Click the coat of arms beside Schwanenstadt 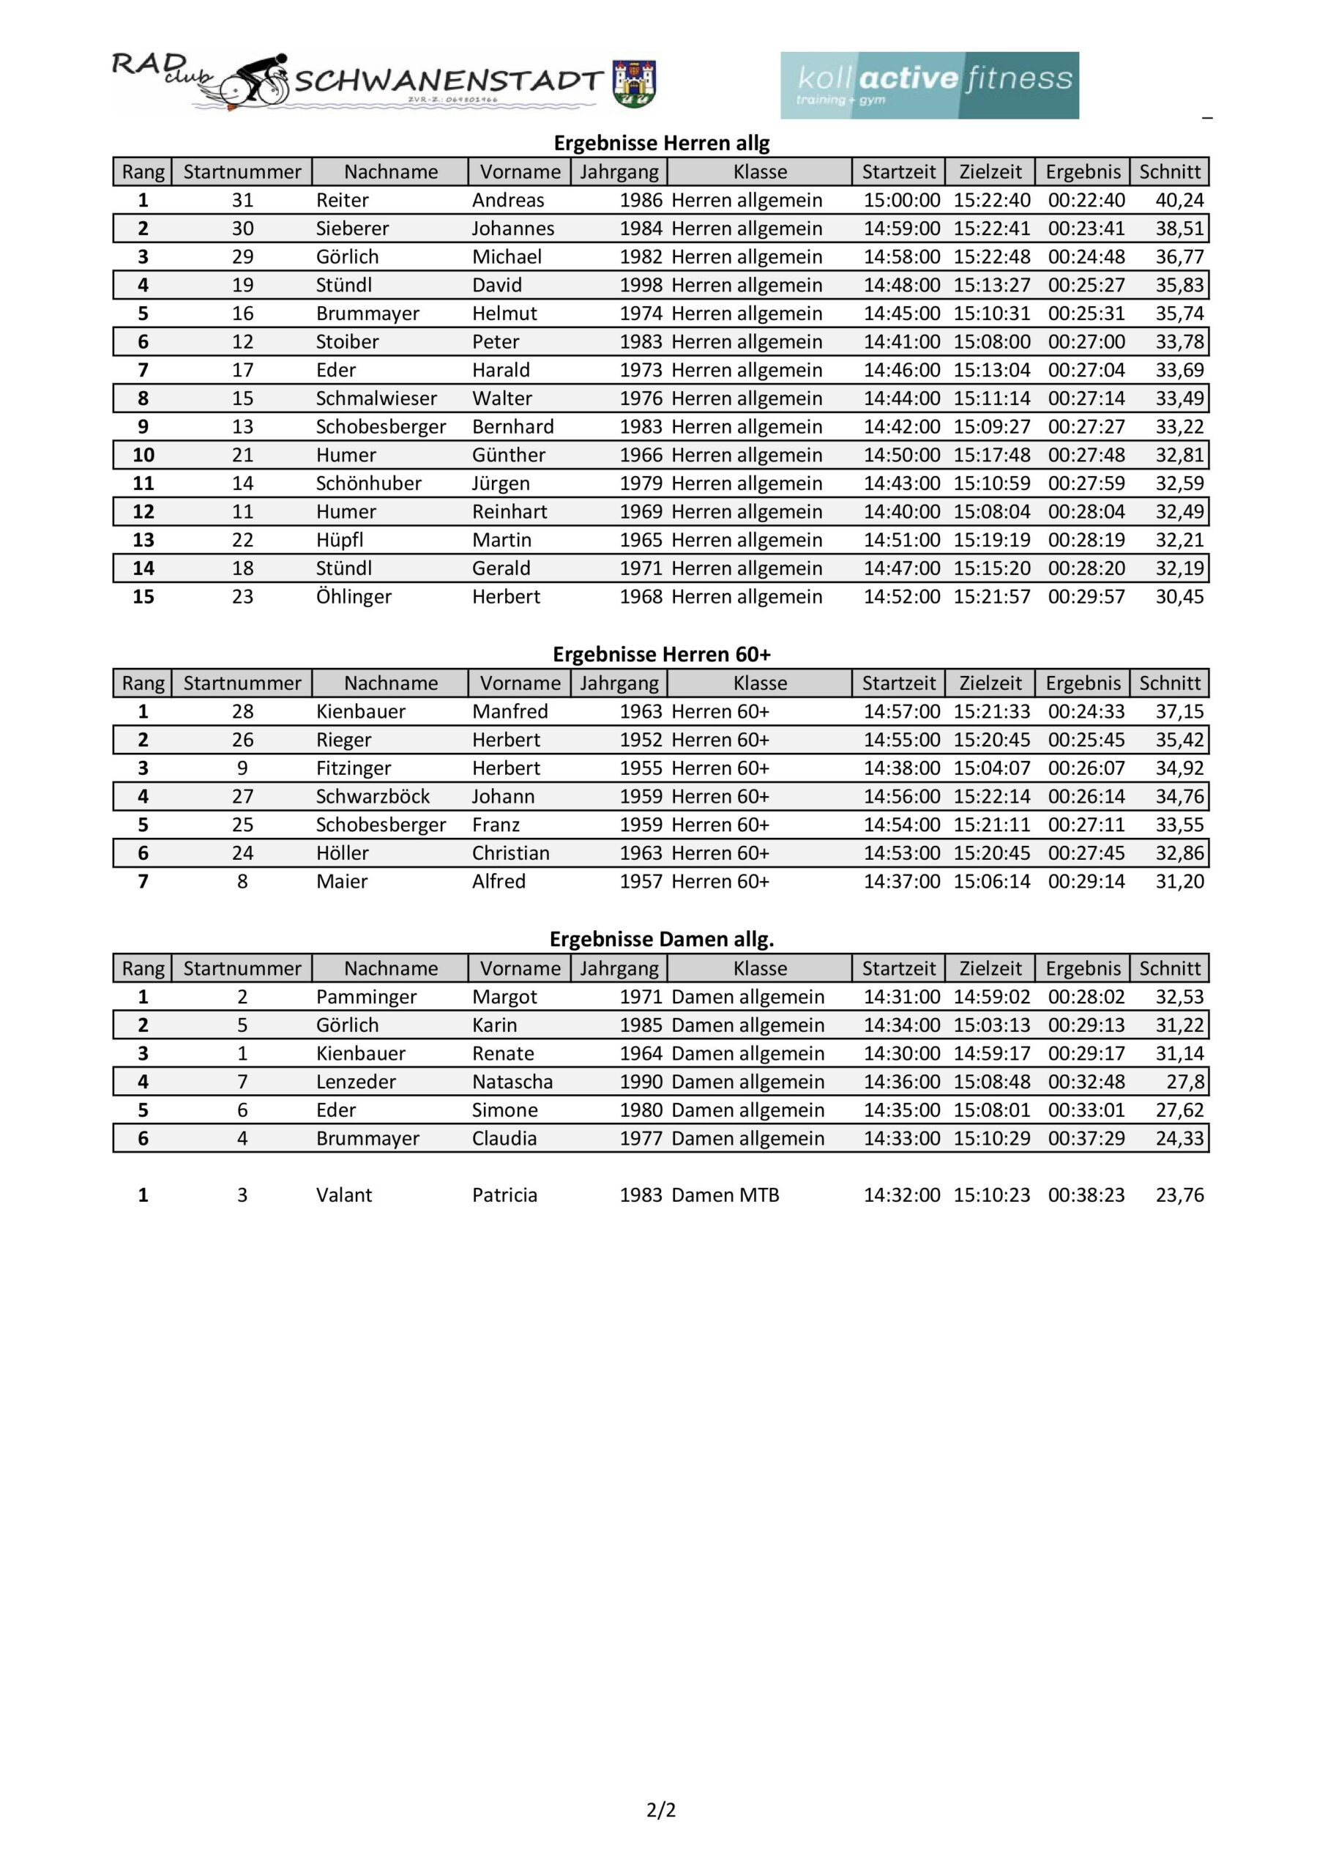tap(635, 83)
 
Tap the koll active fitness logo tap(929, 86)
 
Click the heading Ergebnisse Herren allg tap(661, 143)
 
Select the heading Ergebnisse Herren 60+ tap(661, 654)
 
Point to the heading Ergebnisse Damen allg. tap(661, 939)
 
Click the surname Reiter tap(342, 200)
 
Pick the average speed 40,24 tap(1179, 200)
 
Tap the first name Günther tap(508, 455)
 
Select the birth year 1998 tap(640, 285)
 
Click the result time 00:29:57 tap(1086, 596)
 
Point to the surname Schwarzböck tap(373, 796)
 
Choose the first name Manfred tap(510, 711)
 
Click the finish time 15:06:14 tap(991, 881)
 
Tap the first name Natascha tap(512, 1081)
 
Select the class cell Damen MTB tap(725, 1195)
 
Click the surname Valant tap(344, 1195)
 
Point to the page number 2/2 tap(661, 1810)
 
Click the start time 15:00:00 tap(901, 200)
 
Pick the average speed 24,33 tap(1179, 1138)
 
